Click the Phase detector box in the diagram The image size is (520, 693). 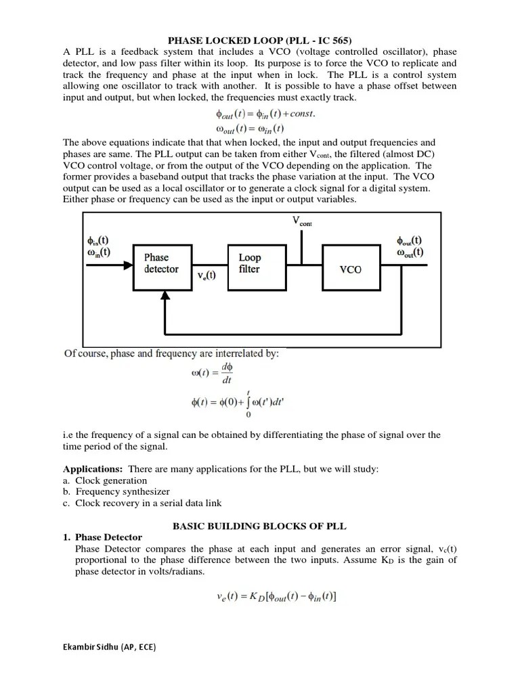[161, 263]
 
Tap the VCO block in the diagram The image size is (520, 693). [349, 269]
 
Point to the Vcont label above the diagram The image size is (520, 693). [302, 221]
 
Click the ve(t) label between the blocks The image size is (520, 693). [206, 276]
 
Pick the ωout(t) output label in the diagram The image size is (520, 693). [410, 252]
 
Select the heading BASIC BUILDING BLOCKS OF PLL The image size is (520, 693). [259, 524]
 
